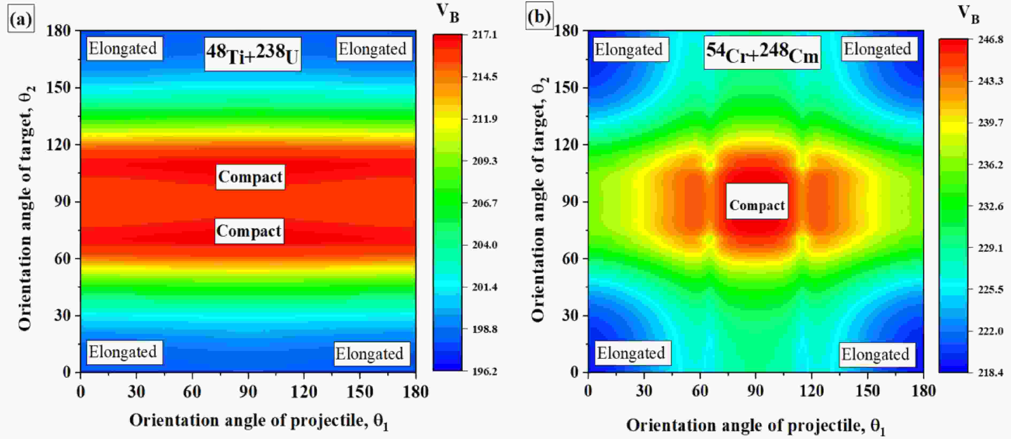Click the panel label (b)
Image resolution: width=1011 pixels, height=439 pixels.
(x=539, y=17)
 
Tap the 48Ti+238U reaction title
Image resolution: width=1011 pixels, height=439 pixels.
(x=252, y=54)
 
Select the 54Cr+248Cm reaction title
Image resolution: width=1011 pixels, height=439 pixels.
(x=762, y=53)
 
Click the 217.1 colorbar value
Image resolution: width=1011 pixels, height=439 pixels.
(x=485, y=35)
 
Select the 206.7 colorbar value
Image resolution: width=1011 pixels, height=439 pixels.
(x=485, y=203)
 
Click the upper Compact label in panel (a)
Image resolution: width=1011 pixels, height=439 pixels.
(x=250, y=177)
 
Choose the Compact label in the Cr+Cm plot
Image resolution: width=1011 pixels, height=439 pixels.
(x=757, y=205)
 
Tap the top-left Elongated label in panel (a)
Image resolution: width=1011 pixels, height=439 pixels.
(x=123, y=49)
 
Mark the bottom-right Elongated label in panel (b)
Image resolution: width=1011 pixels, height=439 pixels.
(x=875, y=354)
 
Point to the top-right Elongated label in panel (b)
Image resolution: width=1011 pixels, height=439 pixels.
(x=878, y=49)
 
